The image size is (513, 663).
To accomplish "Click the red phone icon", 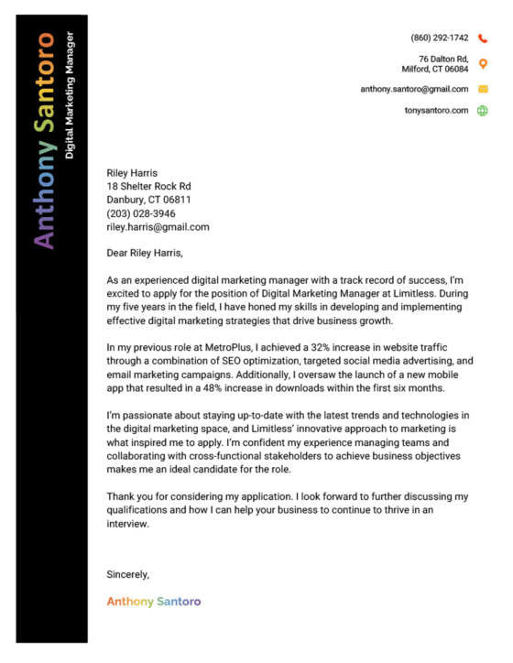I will click(x=483, y=38).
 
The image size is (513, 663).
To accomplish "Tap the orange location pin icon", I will click(x=483, y=63).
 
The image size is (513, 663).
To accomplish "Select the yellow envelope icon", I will click(x=483, y=89).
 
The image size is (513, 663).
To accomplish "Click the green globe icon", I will click(x=483, y=111).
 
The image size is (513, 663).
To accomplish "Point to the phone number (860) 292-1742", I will click(x=440, y=38).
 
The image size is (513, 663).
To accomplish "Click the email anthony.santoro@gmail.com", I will click(x=414, y=89).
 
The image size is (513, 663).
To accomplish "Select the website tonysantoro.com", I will click(x=436, y=111).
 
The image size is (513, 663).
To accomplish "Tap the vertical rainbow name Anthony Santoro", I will click(x=43, y=140).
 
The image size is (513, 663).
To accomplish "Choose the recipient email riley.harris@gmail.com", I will click(x=158, y=226).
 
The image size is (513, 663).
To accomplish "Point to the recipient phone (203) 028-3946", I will click(x=141, y=213).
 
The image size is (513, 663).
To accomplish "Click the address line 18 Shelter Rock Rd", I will click(x=148, y=186).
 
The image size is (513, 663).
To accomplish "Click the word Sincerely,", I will click(x=127, y=574).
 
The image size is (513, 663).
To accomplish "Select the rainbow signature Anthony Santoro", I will click(x=153, y=602).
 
